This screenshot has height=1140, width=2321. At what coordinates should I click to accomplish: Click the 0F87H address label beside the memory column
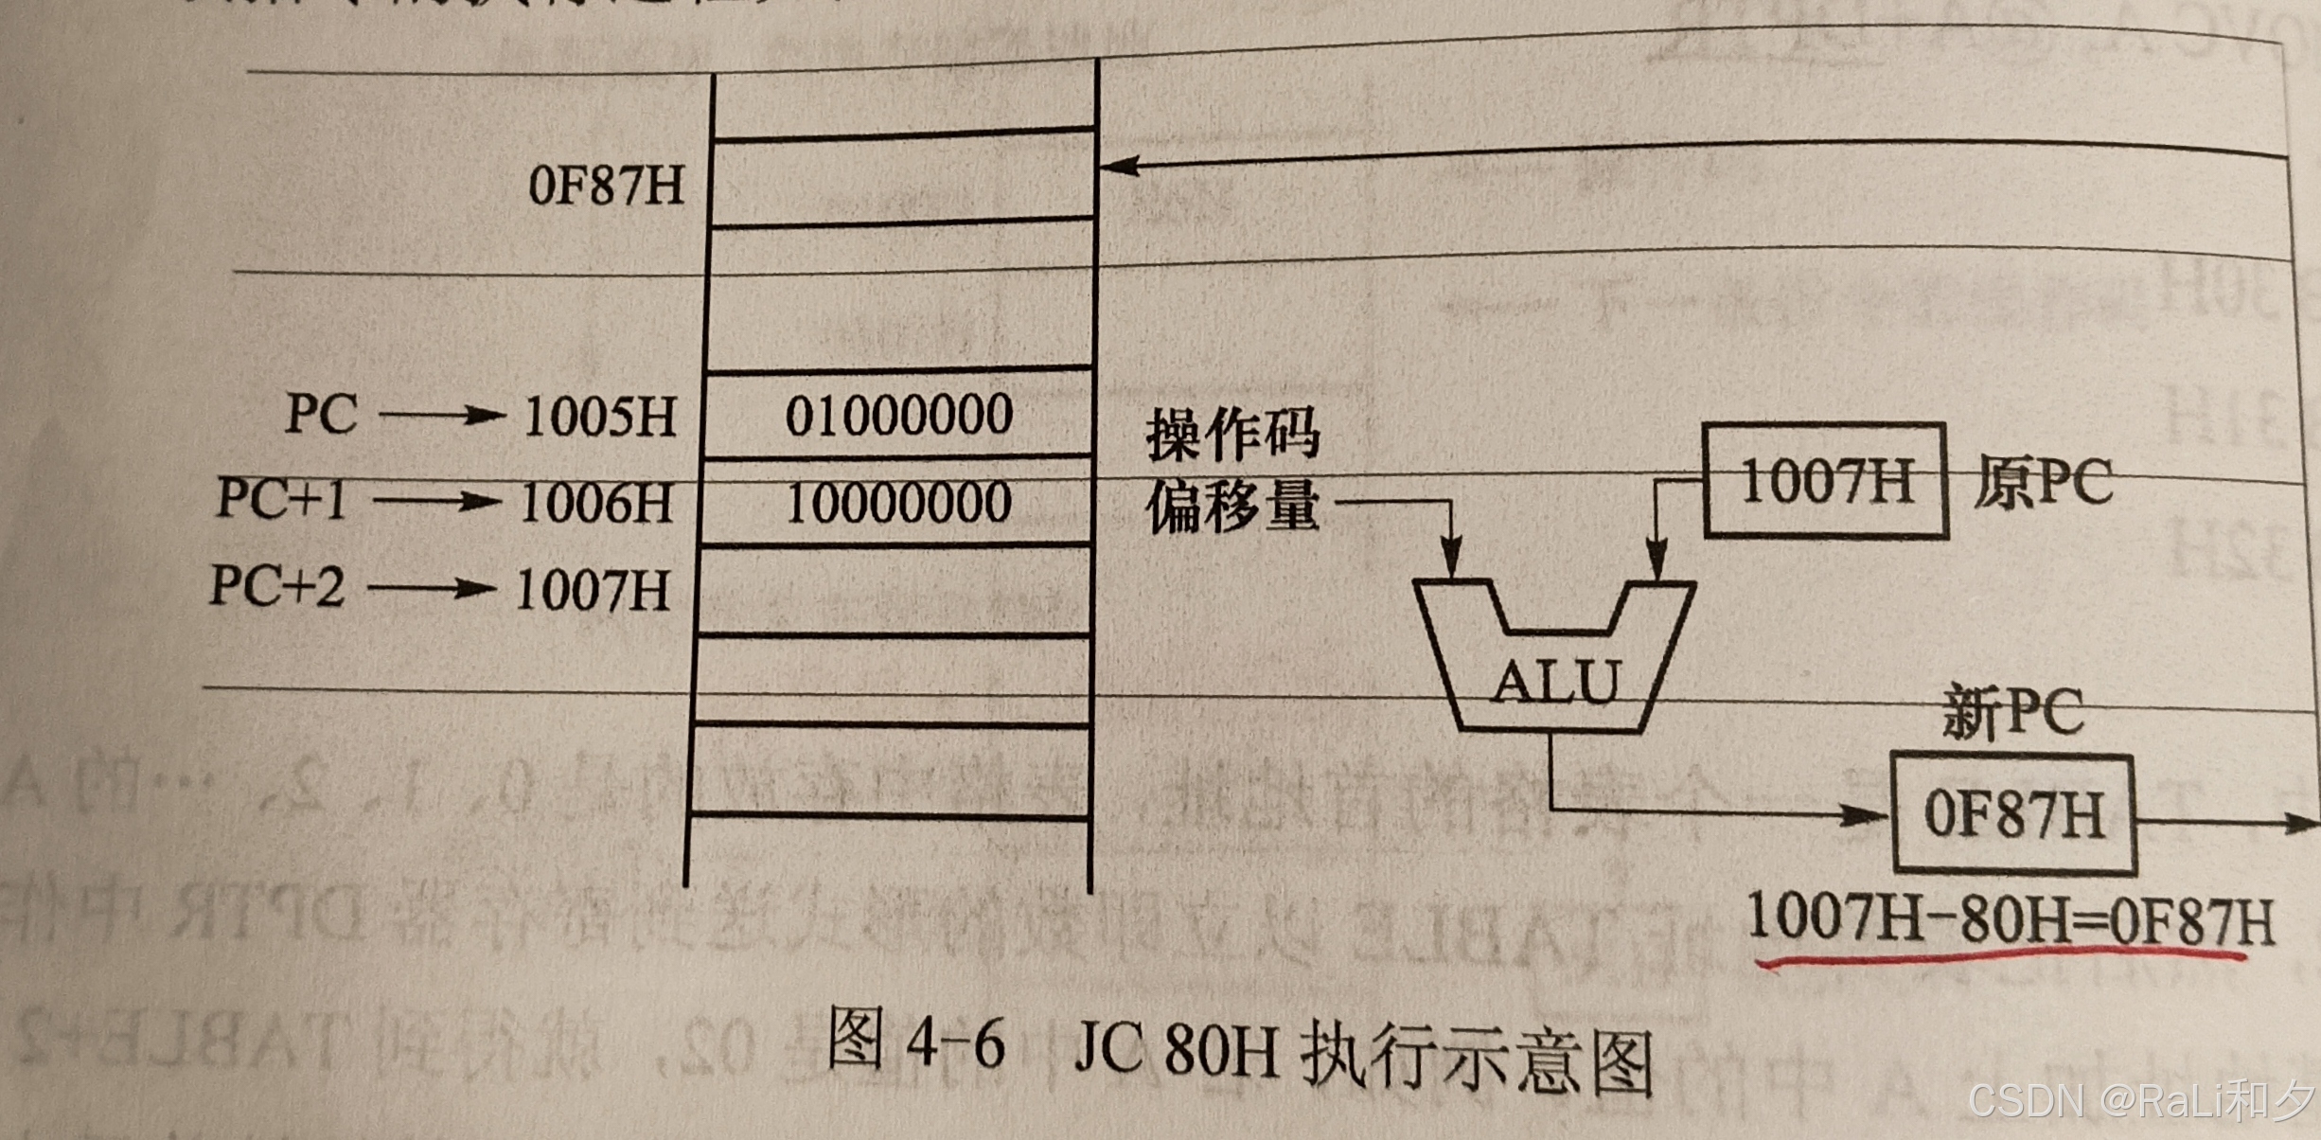coord(606,186)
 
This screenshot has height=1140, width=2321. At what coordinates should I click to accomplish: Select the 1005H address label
coord(600,417)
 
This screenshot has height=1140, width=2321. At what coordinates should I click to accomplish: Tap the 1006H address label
coord(596,503)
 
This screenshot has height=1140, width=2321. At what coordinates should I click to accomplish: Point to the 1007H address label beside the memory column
coord(593,590)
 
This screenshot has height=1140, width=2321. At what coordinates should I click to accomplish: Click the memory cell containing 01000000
coord(898,416)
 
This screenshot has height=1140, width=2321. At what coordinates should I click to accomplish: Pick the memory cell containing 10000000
coord(898,503)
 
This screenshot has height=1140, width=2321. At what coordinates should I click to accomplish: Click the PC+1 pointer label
coord(281,498)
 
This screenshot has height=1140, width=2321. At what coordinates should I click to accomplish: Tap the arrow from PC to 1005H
coord(440,415)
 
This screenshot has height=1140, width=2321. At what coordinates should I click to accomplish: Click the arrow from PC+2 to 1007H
coord(431,589)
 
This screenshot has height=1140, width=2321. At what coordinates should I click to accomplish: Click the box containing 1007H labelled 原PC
coord(1824,480)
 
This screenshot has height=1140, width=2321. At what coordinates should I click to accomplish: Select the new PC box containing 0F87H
coord(2013,813)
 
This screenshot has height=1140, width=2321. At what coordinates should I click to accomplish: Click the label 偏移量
coord(1231,507)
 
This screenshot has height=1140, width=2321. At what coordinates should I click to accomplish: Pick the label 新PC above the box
coord(2012,712)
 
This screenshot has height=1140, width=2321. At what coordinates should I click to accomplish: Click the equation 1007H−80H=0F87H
coord(2010,918)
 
